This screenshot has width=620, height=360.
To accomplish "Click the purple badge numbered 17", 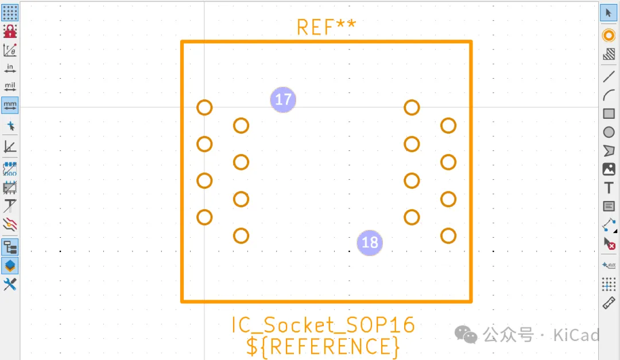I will (283, 100).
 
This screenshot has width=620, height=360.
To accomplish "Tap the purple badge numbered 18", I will (370, 242).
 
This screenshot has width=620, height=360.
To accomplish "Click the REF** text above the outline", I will (326, 27).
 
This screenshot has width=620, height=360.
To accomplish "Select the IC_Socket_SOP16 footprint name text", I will (323, 325).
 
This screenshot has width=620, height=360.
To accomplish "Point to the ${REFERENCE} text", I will (323, 346).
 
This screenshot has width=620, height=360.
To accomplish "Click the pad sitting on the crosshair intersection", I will (204, 107).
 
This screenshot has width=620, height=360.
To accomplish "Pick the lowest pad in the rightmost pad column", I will (448, 235).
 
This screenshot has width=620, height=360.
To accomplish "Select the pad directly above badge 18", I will (412, 217).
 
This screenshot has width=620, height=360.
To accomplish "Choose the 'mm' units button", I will (10, 105).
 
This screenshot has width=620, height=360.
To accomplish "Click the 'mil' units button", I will (10, 87).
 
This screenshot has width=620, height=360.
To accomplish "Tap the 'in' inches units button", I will (10, 68).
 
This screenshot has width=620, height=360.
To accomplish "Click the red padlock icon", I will (10, 31).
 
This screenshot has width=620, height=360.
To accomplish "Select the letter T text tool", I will (609, 188).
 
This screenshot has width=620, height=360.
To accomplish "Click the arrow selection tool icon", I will (609, 13).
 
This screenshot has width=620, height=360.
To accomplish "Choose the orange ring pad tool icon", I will (609, 36).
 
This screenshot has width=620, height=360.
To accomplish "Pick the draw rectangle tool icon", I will (609, 114).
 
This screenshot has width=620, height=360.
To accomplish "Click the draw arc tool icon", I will (609, 95).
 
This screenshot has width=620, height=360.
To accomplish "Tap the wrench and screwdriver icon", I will (10, 284).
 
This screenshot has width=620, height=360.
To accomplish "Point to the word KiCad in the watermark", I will (576, 335).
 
